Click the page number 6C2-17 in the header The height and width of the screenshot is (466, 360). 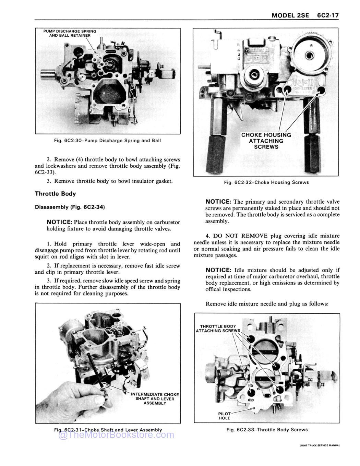coord(328,15)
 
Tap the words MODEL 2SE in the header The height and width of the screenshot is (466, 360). coord(290,15)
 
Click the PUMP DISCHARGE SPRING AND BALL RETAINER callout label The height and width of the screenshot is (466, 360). coord(70,33)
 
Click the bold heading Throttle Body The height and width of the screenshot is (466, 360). coord(56,194)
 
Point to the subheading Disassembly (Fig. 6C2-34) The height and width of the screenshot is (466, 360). coord(70,207)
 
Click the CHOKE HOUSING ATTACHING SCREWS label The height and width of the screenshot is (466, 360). coord(266,141)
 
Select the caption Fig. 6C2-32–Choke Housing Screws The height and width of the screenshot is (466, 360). coord(266,182)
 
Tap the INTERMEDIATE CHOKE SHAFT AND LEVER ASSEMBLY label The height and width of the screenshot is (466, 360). coord(155,399)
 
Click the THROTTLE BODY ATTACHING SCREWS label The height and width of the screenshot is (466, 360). coord(218,328)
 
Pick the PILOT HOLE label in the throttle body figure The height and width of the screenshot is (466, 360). coord(224,416)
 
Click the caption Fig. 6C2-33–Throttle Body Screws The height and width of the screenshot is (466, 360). coord(267,430)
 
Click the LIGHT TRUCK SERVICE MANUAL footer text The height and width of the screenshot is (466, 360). coord(320,445)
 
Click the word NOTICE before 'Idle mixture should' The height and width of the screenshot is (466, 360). coord(218,270)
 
